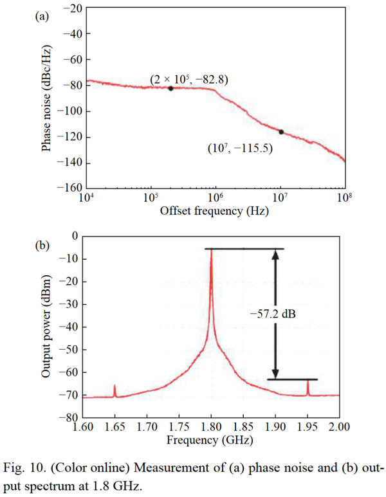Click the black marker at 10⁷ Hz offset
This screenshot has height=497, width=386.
281,132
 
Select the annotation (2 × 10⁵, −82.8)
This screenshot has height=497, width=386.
190,79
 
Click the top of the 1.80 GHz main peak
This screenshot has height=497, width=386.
211,250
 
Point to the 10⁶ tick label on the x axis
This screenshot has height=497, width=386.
216,197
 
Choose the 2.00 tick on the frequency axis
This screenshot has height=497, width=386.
339,427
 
